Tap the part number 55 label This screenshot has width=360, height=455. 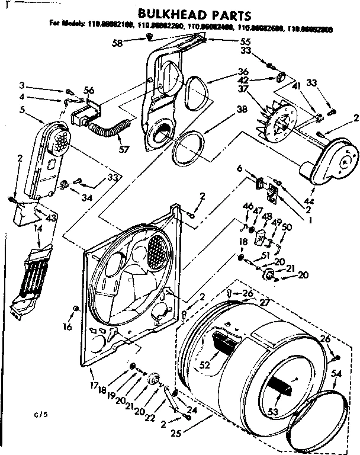point(229,43)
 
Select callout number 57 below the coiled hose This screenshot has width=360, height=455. point(124,149)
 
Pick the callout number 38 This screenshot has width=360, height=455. point(226,109)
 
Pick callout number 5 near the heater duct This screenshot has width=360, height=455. point(22,109)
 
